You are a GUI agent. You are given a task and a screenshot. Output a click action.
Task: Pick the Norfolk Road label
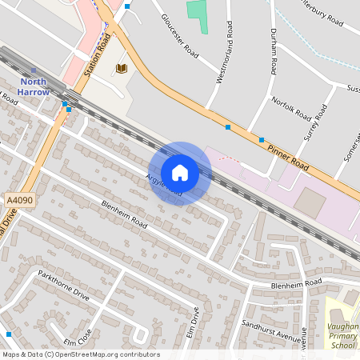[x=290, y=110]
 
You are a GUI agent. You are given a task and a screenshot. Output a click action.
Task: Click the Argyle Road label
[x=163, y=185]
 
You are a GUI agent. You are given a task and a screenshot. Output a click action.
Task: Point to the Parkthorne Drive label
[x=65, y=286]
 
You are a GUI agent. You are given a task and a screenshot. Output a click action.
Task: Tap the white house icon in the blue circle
[x=180, y=173]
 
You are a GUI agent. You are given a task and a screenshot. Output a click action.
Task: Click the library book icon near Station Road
[x=122, y=69]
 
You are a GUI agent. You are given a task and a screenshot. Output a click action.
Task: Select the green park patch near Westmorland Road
[x=197, y=16]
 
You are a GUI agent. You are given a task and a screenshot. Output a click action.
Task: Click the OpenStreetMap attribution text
[x=80, y=354]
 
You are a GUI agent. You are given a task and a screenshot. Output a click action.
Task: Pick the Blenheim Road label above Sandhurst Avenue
[x=295, y=283]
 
